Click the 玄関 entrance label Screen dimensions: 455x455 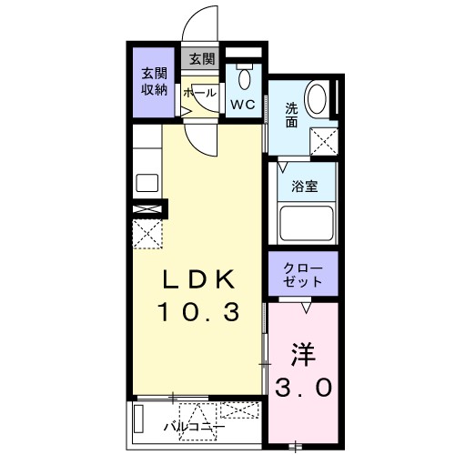[201, 59]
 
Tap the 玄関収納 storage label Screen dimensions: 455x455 [153, 81]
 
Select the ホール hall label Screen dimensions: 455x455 [199, 93]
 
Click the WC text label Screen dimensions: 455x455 [242, 104]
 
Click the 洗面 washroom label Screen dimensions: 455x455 [291, 116]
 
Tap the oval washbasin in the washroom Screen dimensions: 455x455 [318, 99]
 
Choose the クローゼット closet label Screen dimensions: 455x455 [303, 275]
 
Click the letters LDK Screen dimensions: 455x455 [200, 278]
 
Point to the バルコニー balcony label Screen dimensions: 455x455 [195, 425]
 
